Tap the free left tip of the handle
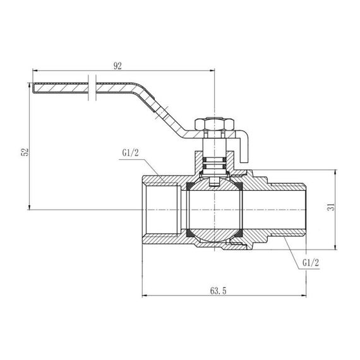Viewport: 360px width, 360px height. click(33, 86)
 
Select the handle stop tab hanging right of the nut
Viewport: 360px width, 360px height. click(244, 147)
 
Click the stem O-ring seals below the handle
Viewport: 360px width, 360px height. click(215, 165)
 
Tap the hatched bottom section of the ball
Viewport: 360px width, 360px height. click(215, 239)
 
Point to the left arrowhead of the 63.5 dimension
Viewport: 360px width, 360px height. click(147, 295)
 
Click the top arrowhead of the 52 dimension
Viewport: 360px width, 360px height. click(29, 84)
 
